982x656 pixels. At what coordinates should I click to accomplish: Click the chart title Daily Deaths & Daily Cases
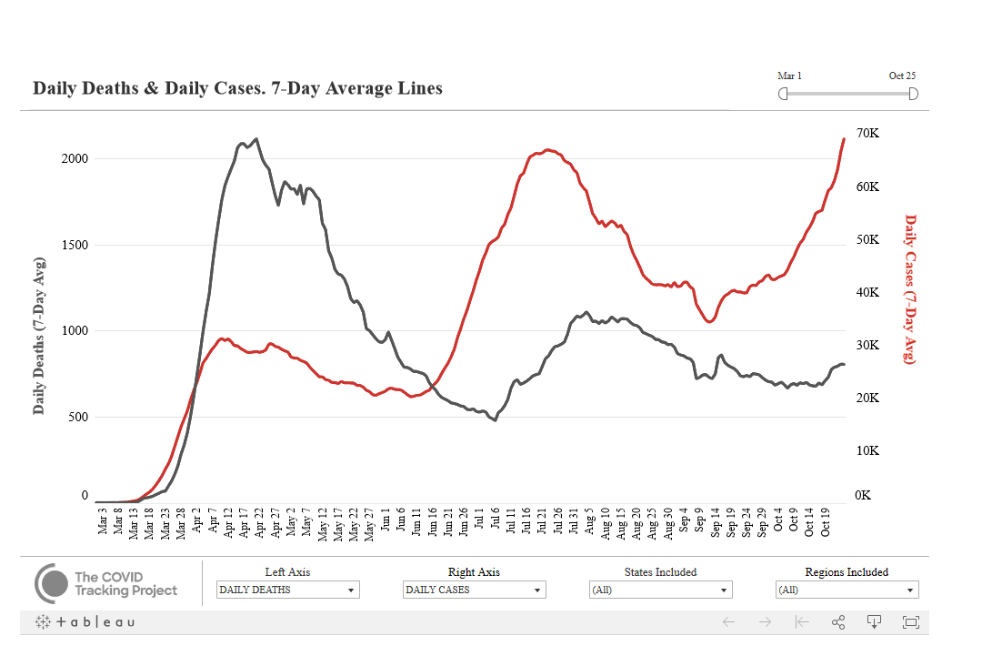point(237,88)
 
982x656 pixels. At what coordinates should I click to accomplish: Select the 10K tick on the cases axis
point(867,451)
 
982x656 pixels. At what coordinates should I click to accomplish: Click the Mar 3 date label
point(103,526)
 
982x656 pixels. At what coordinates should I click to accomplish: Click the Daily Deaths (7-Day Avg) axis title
point(39,336)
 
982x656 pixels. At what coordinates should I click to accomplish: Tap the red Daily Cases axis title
point(909,288)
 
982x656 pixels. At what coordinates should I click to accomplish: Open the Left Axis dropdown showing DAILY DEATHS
point(288,590)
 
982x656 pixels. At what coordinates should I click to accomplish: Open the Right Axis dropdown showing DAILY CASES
point(474,590)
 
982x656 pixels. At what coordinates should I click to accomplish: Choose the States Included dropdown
point(660,590)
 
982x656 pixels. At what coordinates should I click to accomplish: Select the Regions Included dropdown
point(847,590)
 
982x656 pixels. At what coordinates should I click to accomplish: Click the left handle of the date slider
point(783,94)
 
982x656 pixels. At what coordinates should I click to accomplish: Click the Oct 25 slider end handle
point(913,94)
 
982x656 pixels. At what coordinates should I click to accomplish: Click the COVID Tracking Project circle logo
point(52,583)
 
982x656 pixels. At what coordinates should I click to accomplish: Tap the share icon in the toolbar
point(838,622)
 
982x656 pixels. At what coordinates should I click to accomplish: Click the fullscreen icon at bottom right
point(910,622)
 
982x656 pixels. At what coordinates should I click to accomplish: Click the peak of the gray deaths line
point(256,139)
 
